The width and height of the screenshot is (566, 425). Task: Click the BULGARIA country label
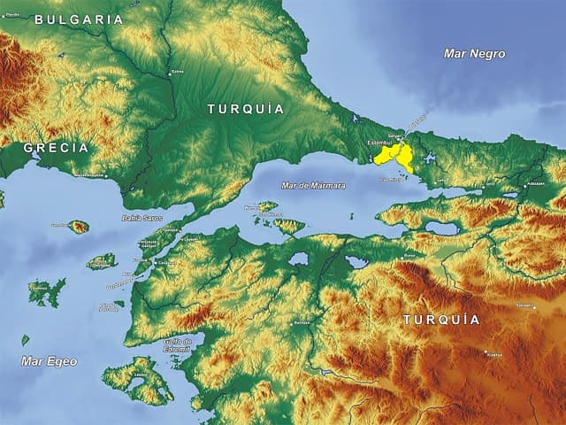[79, 19]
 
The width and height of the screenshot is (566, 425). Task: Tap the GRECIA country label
[56, 148]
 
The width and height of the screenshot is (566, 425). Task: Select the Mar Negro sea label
[475, 54]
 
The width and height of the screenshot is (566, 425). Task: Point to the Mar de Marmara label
[313, 185]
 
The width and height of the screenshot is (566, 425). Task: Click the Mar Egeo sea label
[49, 361]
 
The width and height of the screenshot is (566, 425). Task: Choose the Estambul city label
[379, 142]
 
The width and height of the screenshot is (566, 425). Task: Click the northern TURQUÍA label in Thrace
[246, 109]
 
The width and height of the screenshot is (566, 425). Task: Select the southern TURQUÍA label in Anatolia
[441, 320]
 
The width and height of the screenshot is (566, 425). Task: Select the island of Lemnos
[47, 291]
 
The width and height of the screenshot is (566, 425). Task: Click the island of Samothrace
[79, 227]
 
